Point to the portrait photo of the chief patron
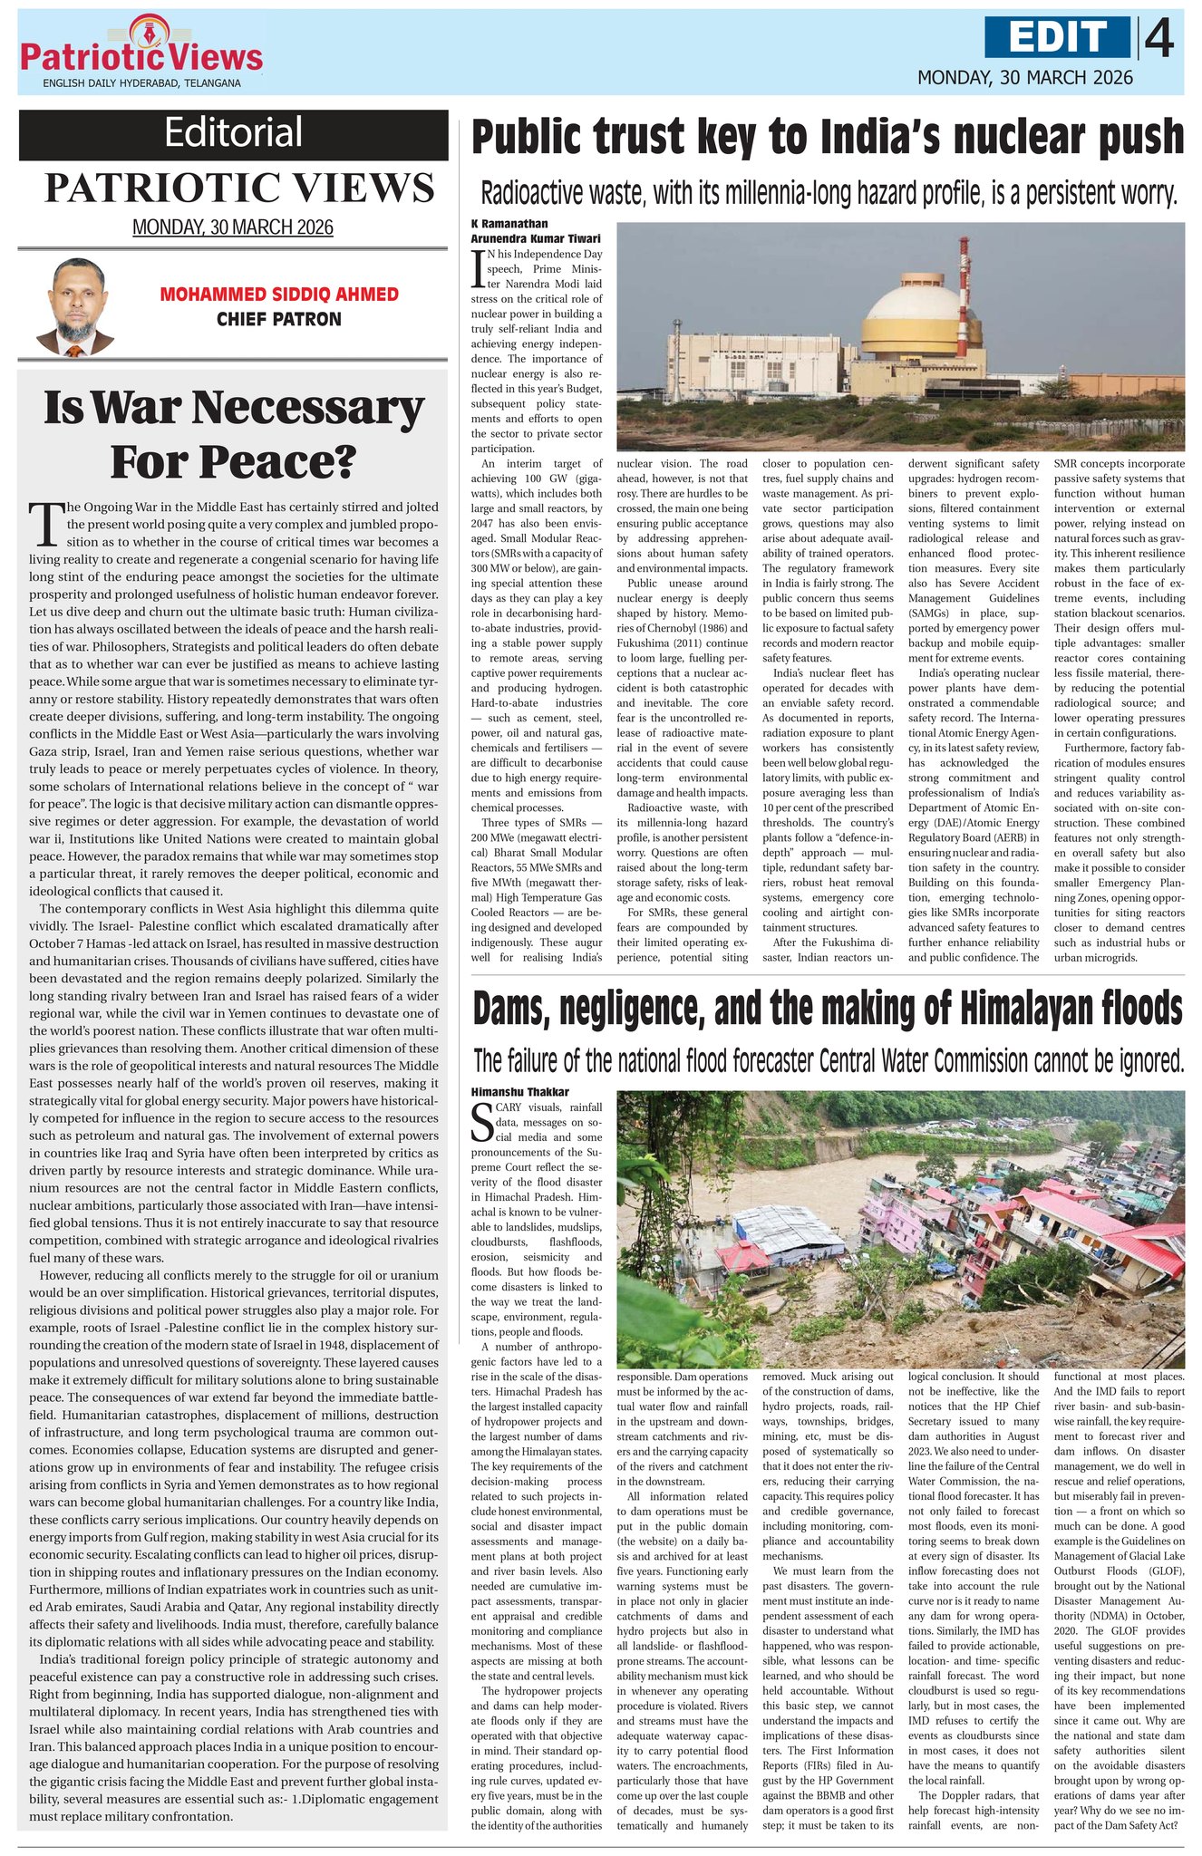(x=75, y=306)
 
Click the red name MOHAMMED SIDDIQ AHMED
(x=279, y=295)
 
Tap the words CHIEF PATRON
(x=279, y=319)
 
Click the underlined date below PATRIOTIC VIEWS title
(x=233, y=227)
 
